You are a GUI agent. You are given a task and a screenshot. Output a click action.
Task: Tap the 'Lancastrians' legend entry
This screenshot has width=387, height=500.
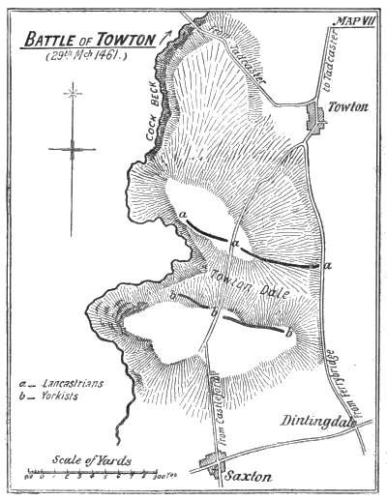73,385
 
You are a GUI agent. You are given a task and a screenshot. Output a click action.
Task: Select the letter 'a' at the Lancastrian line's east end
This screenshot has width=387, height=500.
329,264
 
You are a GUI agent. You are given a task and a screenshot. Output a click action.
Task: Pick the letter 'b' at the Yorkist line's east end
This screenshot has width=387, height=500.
287,334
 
